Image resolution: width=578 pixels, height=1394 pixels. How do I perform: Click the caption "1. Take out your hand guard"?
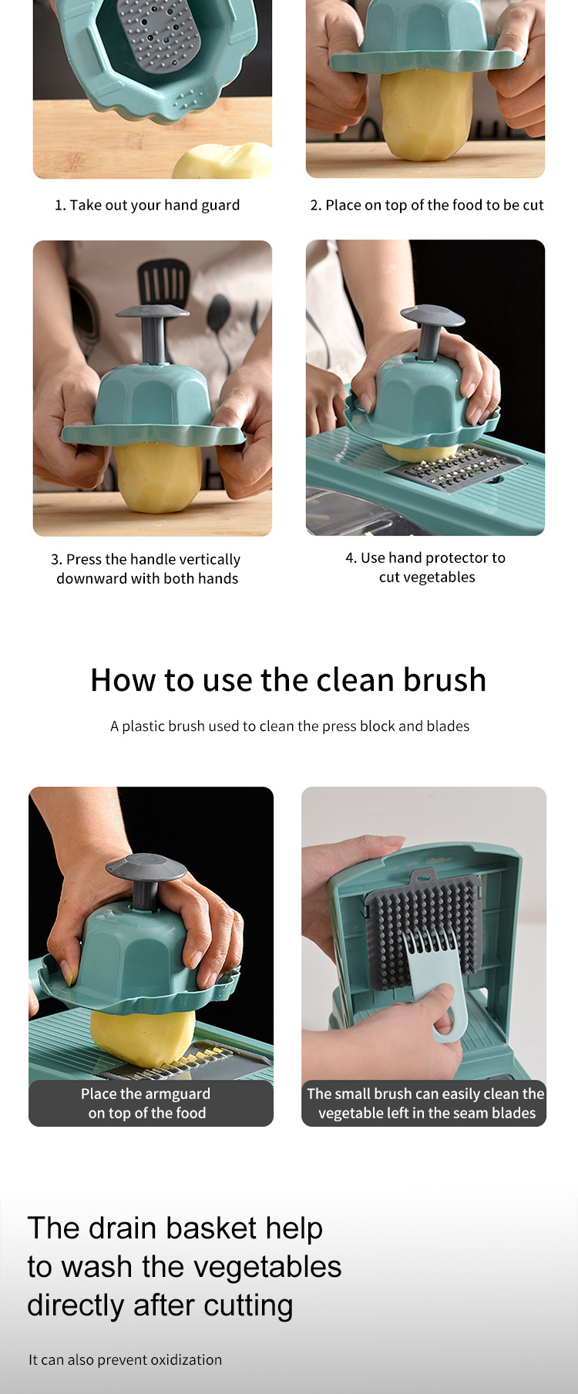[147, 205]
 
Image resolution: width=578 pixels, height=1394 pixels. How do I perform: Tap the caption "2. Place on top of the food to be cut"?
[427, 205]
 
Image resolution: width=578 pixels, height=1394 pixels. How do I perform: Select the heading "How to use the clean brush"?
[288, 680]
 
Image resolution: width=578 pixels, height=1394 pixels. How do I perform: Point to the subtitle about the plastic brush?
[290, 726]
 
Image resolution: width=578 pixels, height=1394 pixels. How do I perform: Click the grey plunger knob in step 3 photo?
[153, 313]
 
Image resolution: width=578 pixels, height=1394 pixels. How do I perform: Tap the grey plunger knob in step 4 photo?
[432, 316]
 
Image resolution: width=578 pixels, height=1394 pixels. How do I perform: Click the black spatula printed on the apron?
[163, 281]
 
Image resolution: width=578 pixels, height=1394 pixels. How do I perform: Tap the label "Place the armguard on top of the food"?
[146, 1104]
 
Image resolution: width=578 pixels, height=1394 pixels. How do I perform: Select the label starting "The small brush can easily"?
[425, 1104]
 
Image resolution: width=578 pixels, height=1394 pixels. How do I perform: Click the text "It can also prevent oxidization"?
[125, 1360]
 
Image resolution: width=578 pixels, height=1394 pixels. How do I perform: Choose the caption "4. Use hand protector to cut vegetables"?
[426, 568]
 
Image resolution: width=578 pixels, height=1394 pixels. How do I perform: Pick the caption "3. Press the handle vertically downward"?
[146, 569]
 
